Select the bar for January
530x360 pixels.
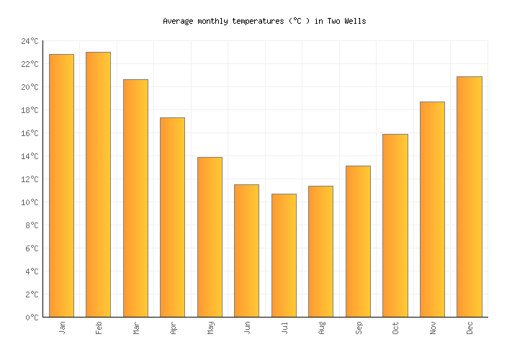[x=61, y=186]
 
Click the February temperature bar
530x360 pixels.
[x=98, y=184]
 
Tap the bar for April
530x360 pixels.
[x=172, y=217]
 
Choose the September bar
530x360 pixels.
[x=358, y=241]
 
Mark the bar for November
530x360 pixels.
[x=432, y=210]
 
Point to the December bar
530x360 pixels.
[x=469, y=197]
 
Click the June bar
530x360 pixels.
[x=246, y=251]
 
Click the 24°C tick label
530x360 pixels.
[x=30, y=42]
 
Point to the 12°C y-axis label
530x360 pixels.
[x=30, y=180]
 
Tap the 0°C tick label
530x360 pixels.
[x=32, y=318]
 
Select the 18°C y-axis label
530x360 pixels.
[x=30, y=111]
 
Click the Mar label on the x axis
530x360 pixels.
[x=136, y=328]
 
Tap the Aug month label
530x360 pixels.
[x=321, y=328]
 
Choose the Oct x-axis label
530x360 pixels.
[x=395, y=328]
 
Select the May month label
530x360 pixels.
[x=210, y=328]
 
